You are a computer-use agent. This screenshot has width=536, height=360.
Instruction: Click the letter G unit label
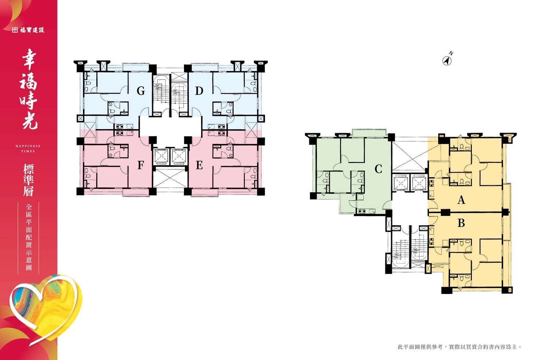pos(141,91)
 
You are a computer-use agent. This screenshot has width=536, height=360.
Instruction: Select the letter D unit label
pos(199,91)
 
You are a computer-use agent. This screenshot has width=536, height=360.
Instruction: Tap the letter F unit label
pos(141,165)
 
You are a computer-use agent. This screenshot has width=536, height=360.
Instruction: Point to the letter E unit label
pos(199,165)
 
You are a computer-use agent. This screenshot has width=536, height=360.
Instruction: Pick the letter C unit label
pos(378,169)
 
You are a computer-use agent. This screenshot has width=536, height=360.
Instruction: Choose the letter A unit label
pos(461,200)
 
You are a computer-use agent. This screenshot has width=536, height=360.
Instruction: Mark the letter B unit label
pos(461,223)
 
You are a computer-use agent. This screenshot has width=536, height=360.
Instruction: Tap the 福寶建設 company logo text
pos(28,30)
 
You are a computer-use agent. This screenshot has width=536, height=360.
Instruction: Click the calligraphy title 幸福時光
pos(29,89)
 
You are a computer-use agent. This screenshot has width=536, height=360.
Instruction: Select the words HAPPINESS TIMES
pos(28,148)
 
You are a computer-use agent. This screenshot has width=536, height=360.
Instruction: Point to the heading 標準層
pos(28,180)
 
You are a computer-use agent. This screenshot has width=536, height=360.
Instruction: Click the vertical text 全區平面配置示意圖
pos(29,237)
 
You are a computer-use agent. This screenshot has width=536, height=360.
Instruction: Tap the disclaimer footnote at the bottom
pos(459,347)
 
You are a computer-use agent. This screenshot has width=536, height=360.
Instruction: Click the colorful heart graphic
pos(45,309)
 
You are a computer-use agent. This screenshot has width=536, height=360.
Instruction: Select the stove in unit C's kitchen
pos(361,211)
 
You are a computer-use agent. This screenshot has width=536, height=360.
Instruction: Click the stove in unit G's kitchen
pos(119,126)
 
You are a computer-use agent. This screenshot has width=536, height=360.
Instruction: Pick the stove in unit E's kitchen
pos(221,133)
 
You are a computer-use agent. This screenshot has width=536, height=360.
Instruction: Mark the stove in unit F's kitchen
pos(119,133)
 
